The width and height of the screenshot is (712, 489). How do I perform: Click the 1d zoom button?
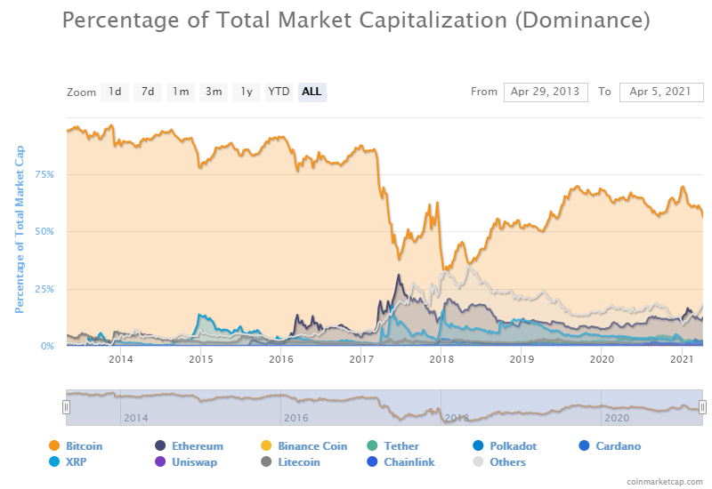(x=116, y=92)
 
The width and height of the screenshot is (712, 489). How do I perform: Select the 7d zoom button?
(x=148, y=92)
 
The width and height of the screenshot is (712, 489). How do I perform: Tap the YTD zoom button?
(x=279, y=92)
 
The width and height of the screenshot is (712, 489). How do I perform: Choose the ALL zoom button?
(x=311, y=92)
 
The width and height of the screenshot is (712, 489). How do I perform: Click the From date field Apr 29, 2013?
(x=546, y=92)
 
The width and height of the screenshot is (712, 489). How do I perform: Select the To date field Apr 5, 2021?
(x=661, y=92)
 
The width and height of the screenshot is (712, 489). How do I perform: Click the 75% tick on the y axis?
(x=44, y=174)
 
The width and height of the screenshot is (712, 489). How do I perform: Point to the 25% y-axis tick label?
(x=44, y=289)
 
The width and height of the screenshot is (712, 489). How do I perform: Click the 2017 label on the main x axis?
(x=361, y=359)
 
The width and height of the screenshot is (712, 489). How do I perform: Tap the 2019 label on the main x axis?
(x=522, y=359)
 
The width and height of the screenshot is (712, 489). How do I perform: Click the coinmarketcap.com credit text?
(x=662, y=481)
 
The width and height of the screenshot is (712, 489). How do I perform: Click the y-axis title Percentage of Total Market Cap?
(x=19, y=230)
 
